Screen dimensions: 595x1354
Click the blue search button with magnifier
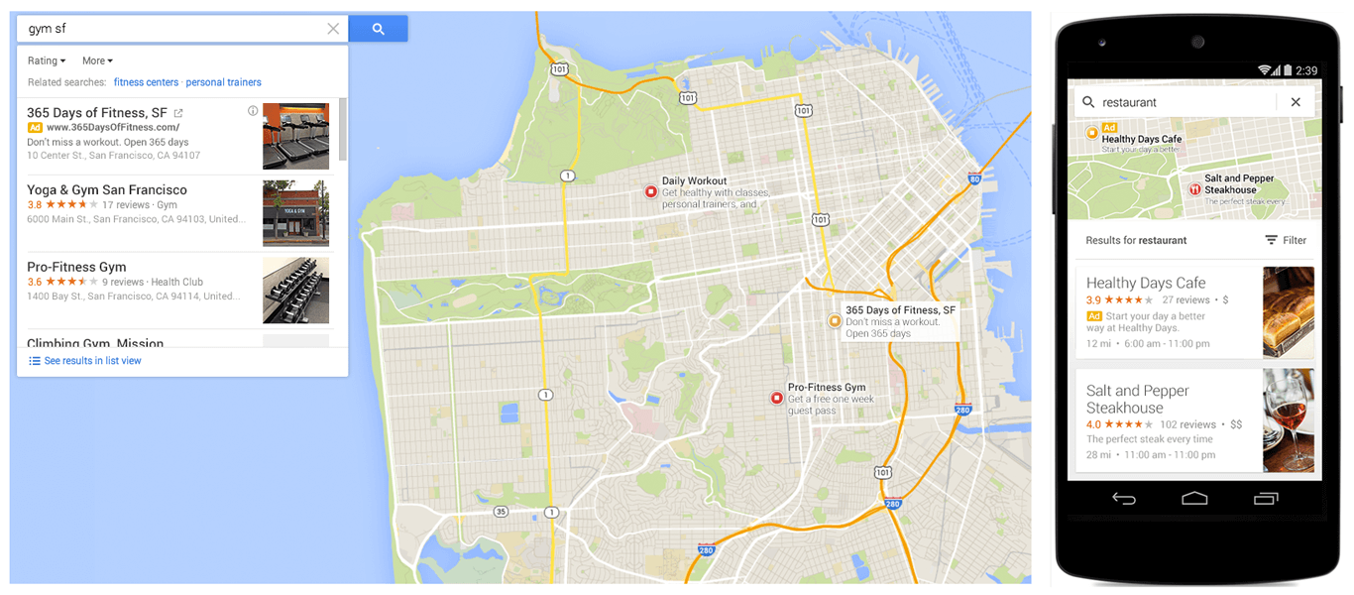click(x=378, y=29)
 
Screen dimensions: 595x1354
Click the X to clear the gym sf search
click(x=333, y=29)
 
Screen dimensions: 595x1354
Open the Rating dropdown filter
click(x=47, y=61)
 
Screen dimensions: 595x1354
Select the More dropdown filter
click(x=97, y=61)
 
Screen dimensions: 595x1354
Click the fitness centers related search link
click(x=146, y=82)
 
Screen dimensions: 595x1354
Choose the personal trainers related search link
click(x=223, y=82)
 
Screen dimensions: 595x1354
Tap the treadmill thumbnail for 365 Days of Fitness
click(x=295, y=137)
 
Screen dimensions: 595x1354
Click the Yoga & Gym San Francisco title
click(x=107, y=190)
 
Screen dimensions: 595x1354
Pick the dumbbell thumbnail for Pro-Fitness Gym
click(x=295, y=291)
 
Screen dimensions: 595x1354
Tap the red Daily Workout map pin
click(x=650, y=191)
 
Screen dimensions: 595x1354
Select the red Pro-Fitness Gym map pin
click(x=776, y=398)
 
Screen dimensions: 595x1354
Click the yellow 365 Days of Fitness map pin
click(x=834, y=320)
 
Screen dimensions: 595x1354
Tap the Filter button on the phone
click(x=1286, y=240)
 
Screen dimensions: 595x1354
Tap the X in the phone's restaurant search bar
click(x=1295, y=102)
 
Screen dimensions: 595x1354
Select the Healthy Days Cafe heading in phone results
click(x=1145, y=283)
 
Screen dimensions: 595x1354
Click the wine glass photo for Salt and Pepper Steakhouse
click(x=1288, y=420)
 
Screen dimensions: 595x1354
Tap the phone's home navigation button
click(x=1194, y=498)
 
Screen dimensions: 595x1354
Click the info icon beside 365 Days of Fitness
click(x=253, y=111)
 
